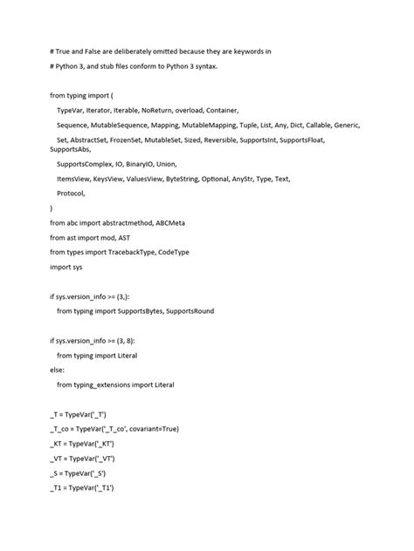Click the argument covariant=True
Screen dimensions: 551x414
click(154, 428)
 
